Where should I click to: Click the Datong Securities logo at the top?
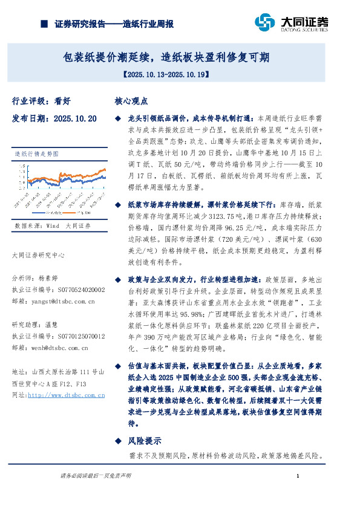[x=292, y=23]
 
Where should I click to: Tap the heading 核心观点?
[x=131, y=102]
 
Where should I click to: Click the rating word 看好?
[x=62, y=102]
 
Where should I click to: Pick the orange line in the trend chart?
[x=91, y=176]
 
